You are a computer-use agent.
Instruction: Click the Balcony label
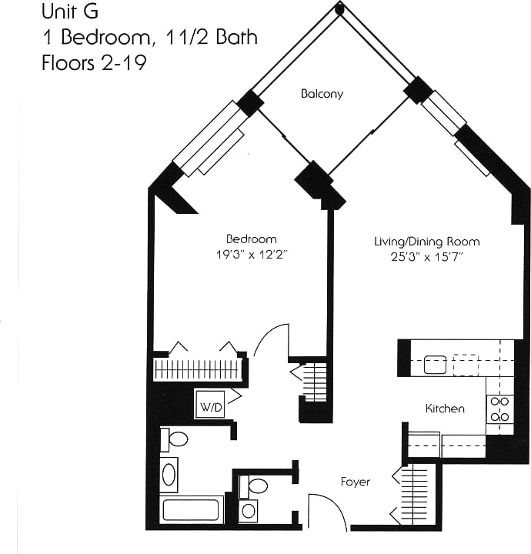tap(322, 94)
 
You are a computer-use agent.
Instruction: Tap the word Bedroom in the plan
tap(251, 239)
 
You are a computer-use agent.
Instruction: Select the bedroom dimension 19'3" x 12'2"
tap(251, 253)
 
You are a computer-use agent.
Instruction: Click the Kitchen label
tap(445, 409)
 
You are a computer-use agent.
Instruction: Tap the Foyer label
tap(356, 482)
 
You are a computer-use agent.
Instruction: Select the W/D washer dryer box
tap(209, 404)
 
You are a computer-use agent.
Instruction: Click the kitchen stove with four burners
tap(501, 409)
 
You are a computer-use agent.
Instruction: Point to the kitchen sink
tap(436, 364)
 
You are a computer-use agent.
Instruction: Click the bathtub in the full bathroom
tap(192, 510)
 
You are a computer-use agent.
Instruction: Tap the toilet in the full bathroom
tap(175, 439)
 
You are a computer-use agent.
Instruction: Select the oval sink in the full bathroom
tap(169, 474)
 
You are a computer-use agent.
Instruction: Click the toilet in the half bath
tap(255, 486)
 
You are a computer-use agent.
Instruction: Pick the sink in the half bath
tap(249, 510)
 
